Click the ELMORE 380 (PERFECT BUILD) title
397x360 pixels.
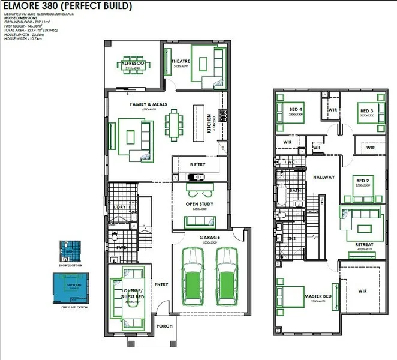[67, 7]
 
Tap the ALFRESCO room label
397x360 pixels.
[130, 63]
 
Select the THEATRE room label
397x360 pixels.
[180, 62]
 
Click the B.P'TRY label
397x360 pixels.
[198, 164]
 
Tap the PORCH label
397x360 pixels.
[164, 326]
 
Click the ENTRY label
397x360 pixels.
[161, 284]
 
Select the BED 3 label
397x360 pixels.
[367, 111]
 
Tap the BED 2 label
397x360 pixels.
[362, 181]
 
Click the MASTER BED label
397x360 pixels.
[318, 296]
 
